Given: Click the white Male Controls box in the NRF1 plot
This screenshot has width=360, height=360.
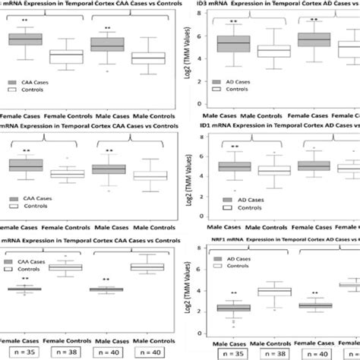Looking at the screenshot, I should [x=275, y=292].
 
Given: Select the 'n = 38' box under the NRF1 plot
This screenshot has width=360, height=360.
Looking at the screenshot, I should [x=275, y=353].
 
